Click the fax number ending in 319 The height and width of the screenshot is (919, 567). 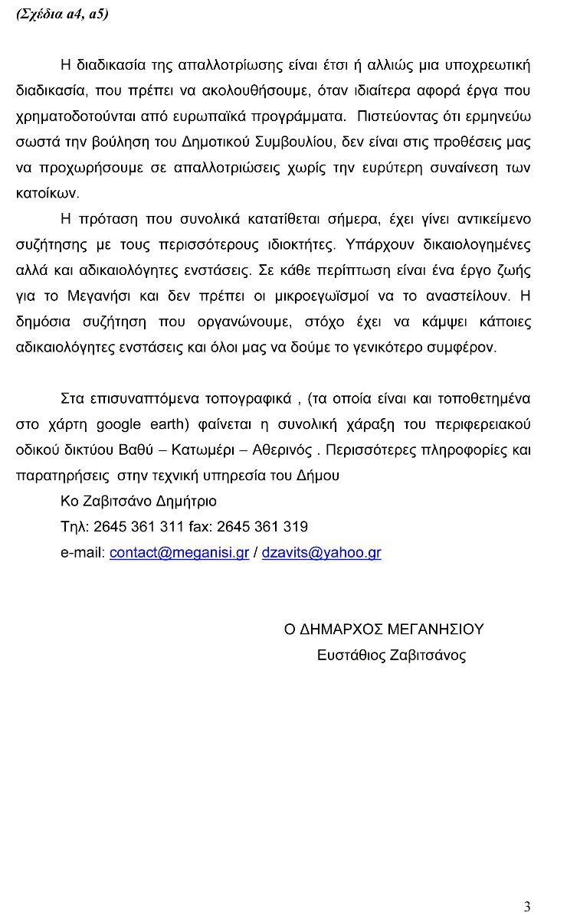[262, 527]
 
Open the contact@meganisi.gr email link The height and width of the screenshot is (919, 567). [179, 552]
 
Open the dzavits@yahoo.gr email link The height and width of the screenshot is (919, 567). [321, 552]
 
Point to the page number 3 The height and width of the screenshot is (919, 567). [527, 907]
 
